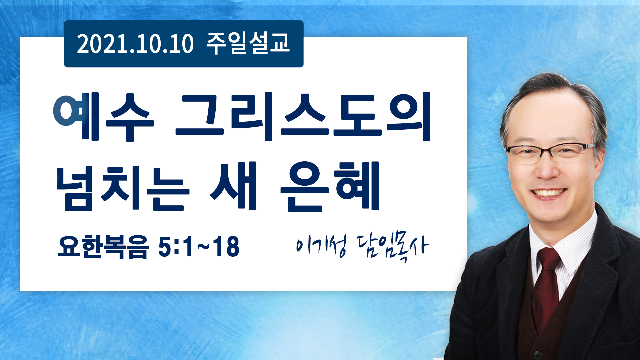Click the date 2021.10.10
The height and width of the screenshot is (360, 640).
(135, 44)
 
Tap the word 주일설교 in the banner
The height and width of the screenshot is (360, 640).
(248, 43)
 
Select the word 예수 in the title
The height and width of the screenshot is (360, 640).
(104, 117)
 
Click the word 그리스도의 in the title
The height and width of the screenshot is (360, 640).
(303, 117)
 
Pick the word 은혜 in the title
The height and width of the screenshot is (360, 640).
(330, 187)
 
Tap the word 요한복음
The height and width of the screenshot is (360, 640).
(103, 247)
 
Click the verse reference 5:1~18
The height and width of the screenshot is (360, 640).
(199, 246)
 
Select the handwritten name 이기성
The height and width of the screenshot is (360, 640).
(321, 246)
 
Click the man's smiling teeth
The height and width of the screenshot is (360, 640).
(549, 193)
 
